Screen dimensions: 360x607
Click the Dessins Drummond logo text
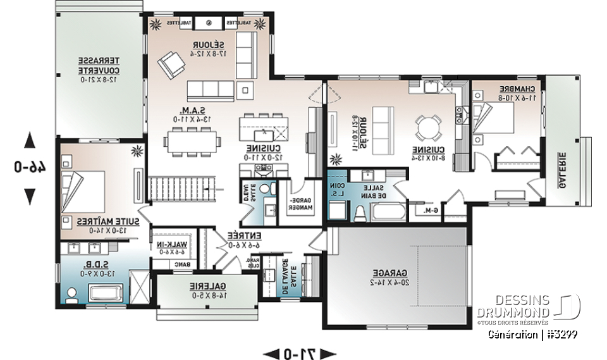pos(523,306)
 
